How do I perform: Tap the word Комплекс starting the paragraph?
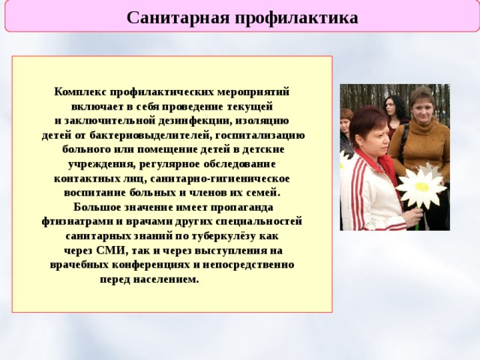(80, 91)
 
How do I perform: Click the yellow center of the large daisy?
(421, 187)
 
